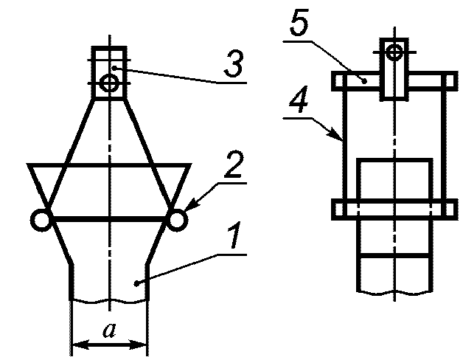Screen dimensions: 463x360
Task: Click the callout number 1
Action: click(x=232, y=238)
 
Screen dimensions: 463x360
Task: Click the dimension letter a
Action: click(x=110, y=330)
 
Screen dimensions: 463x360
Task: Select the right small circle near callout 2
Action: click(x=176, y=219)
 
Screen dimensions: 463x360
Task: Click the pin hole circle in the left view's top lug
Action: click(x=110, y=84)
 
